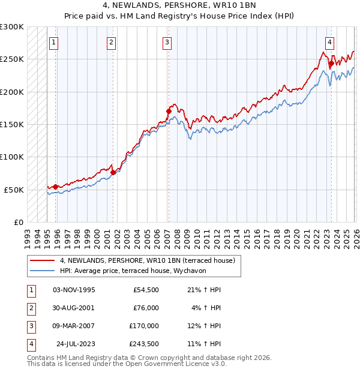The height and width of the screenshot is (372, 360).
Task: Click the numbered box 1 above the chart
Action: [54, 42]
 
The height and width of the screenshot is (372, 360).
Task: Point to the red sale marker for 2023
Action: [331, 63]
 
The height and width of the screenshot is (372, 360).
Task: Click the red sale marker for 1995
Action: [56, 187]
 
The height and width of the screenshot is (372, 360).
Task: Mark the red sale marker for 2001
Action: [113, 173]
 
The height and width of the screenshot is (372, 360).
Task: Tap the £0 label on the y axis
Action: [18, 222]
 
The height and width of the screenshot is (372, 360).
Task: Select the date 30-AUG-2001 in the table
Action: [74, 308]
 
